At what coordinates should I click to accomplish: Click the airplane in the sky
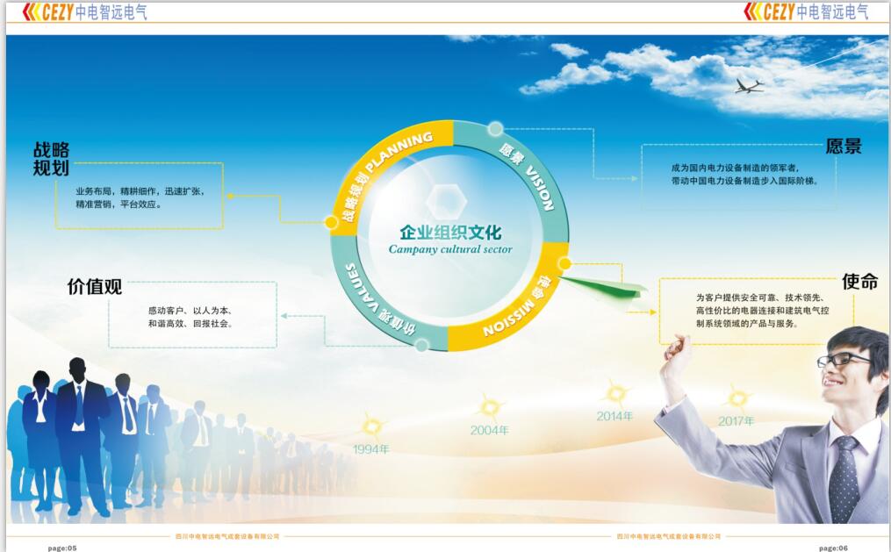(x=749, y=86)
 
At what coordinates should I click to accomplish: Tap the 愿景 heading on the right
(x=844, y=147)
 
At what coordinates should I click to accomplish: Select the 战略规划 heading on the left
(x=51, y=159)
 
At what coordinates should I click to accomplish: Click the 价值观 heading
(x=94, y=287)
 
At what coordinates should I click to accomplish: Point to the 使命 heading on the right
(x=859, y=281)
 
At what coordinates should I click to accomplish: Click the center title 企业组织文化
(x=450, y=233)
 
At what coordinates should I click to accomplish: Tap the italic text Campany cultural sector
(x=450, y=249)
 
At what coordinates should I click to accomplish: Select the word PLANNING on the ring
(x=399, y=151)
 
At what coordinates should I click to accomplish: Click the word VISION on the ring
(x=539, y=188)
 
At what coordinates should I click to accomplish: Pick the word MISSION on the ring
(x=508, y=318)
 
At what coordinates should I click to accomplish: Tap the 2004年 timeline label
(x=489, y=431)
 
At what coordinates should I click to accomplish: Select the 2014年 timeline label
(x=614, y=416)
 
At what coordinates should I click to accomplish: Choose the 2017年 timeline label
(x=736, y=421)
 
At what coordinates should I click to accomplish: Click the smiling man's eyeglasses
(x=843, y=360)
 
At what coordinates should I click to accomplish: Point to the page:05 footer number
(x=62, y=548)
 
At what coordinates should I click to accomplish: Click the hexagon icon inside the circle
(x=447, y=201)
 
